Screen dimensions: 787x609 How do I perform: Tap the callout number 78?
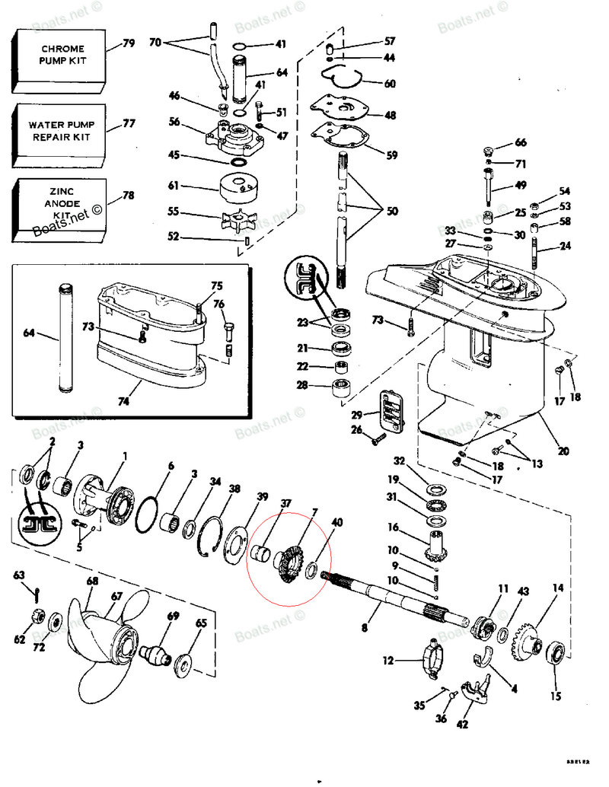(x=128, y=195)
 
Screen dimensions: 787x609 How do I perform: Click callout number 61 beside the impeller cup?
(x=173, y=186)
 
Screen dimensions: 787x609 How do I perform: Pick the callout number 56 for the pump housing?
(x=174, y=122)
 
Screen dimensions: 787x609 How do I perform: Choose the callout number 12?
(x=388, y=661)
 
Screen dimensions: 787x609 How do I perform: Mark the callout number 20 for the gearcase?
(x=563, y=451)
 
